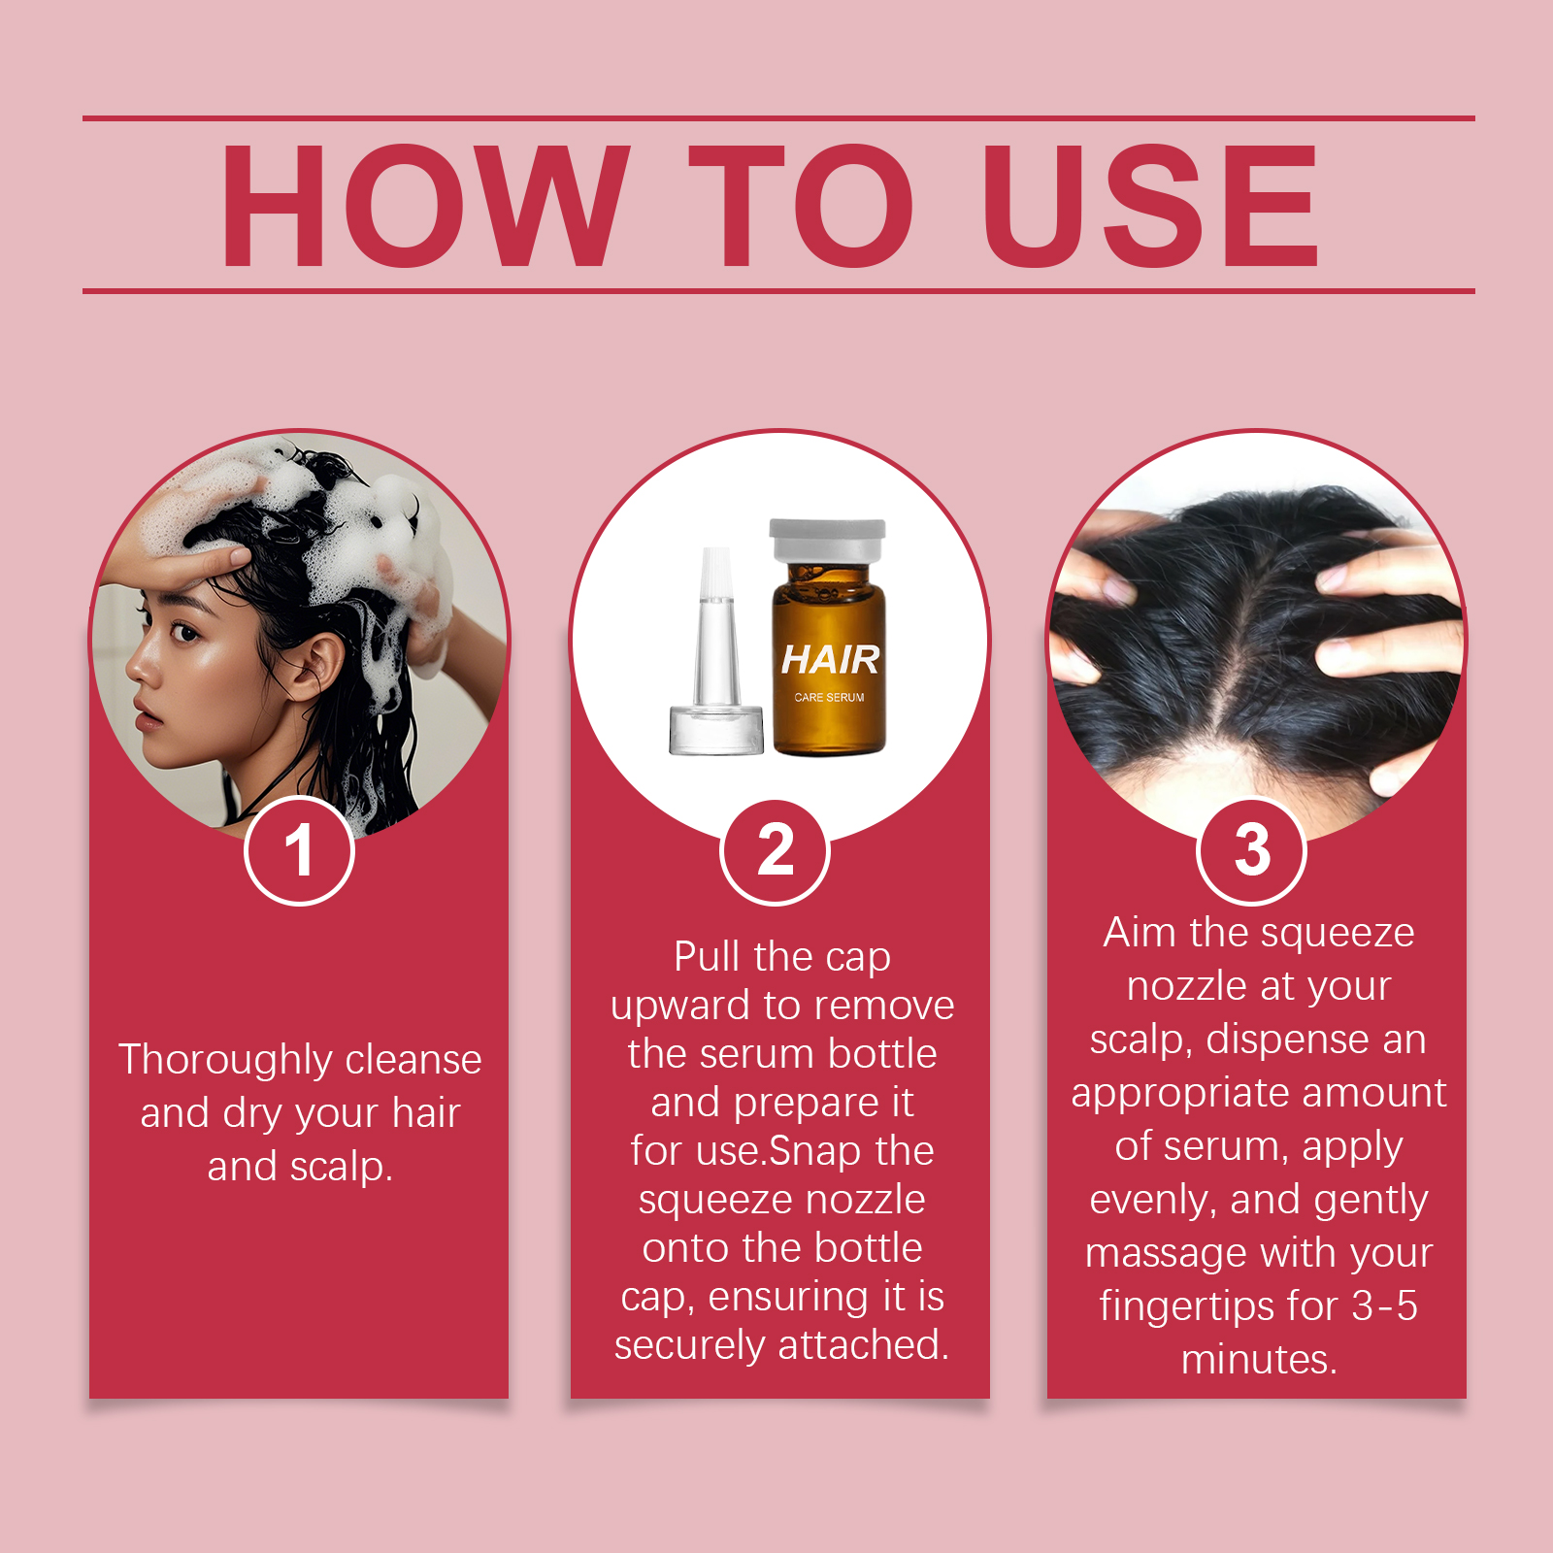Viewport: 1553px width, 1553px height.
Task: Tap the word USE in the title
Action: point(1151,206)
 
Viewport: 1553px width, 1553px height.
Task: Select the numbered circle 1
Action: point(299,850)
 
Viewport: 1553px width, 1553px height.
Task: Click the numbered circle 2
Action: point(776,850)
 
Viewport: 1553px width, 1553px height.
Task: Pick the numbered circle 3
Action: point(1252,850)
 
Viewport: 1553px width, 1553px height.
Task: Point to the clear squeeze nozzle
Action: point(716,651)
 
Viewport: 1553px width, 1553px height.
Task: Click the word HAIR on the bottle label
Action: point(830,660)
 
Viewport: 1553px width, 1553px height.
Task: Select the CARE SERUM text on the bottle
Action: point(829,697)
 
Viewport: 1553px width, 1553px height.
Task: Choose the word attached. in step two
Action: point(864,1345)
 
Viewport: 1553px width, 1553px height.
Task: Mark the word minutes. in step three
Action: point(1259,1360)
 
